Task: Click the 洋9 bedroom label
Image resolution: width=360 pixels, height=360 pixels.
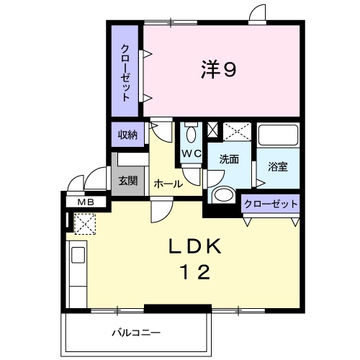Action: click(x=219, y=70)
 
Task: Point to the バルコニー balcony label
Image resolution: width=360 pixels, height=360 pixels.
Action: click(x=135, y=333)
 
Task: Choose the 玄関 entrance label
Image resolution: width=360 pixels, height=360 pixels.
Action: click(x=127, y=180)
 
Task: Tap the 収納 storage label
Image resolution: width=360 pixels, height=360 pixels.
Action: click(x=127, y=134)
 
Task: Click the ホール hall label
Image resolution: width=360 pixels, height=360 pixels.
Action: click(x=168, y=184)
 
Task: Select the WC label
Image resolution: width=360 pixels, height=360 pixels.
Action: click(x=190, y=153)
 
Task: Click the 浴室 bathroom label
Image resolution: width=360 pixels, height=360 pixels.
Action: click(x=278, y=167)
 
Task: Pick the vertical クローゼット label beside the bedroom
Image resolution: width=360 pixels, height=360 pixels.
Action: click(x=126, y=72)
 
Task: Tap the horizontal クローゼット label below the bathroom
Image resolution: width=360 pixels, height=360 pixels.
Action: click(x=271, y=204)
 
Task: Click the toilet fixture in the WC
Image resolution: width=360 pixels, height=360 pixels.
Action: click(x=191, y=133)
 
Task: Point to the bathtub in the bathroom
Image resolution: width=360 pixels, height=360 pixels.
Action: click(x=279, y=138)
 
